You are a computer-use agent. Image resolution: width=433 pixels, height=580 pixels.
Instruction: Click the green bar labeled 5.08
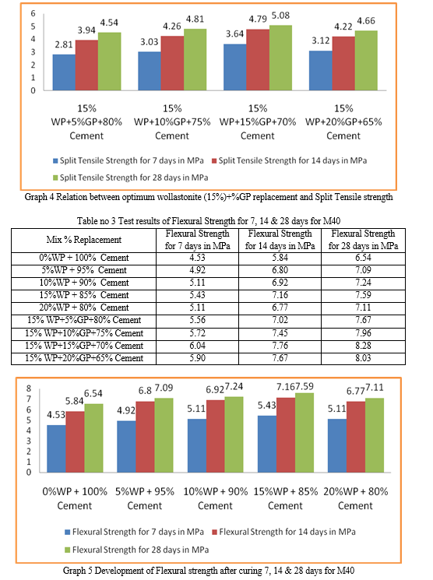280,58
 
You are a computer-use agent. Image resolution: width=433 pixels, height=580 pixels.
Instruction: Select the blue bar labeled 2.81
64,72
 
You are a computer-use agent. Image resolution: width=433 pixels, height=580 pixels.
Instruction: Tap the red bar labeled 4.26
172,63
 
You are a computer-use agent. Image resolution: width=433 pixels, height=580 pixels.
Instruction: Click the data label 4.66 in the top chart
366,21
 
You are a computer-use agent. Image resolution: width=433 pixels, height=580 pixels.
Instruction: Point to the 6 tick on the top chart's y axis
33,14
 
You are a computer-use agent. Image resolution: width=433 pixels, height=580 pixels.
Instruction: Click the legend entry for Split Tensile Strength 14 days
289,160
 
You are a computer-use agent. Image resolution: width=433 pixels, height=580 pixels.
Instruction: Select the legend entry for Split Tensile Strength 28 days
130,178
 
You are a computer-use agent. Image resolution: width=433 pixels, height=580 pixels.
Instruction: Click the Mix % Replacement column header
83,240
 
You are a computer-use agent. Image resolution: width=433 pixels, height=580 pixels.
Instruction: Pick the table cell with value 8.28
363,346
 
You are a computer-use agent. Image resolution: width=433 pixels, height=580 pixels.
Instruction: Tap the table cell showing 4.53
197,258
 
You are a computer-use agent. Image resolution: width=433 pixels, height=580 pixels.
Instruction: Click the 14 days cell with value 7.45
280,333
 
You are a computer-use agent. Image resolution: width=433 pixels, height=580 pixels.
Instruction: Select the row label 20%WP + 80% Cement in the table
84,308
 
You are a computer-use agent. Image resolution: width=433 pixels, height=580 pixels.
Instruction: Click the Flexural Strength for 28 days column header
363,240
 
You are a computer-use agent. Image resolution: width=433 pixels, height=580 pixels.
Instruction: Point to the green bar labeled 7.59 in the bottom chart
305,432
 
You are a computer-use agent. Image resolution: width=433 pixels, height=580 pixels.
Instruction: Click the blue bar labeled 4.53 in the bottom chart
56,448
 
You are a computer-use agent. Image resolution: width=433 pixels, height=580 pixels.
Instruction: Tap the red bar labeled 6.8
145,437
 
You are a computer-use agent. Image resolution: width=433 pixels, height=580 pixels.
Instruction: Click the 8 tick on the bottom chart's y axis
29,388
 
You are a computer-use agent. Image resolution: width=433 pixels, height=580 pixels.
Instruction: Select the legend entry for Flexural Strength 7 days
134,532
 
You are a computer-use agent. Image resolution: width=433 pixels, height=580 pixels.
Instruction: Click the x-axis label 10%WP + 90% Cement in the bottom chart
216,498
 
